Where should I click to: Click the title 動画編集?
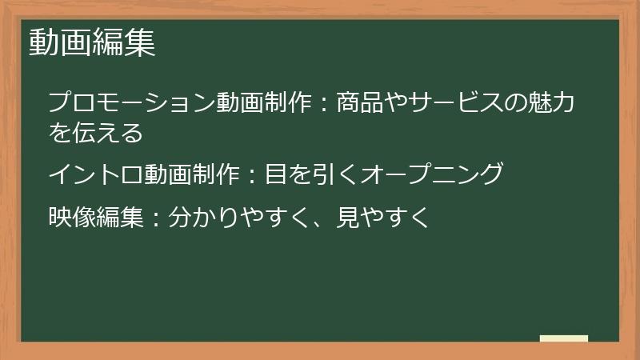coord(92,43)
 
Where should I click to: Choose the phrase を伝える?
coord(96,132)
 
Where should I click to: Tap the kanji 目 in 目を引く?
coord(276,174)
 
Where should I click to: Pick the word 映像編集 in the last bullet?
coord(96,216)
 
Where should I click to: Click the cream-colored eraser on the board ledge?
coord(564,338)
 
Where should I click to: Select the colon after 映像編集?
coord(156,217)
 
